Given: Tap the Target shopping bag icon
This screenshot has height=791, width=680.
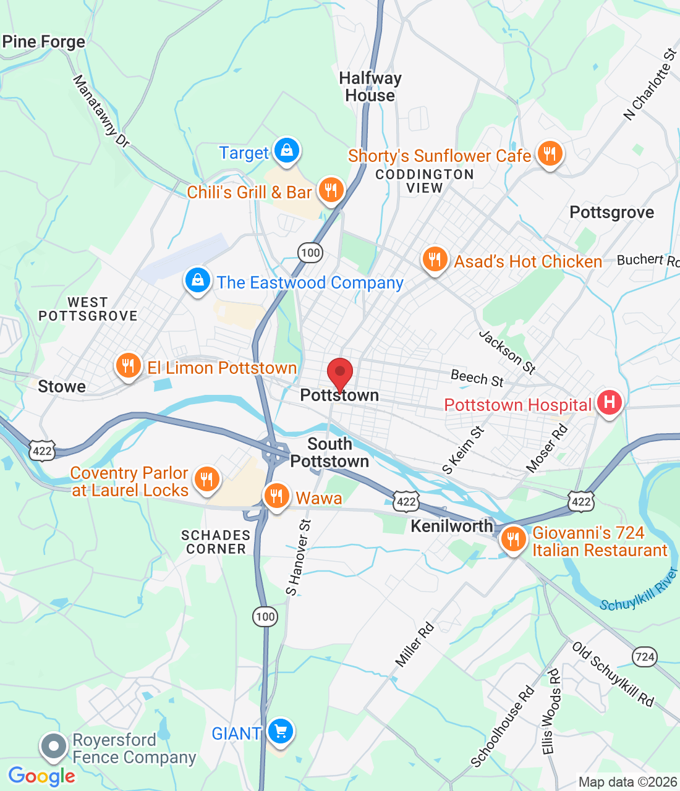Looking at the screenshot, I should [x=286, y=150].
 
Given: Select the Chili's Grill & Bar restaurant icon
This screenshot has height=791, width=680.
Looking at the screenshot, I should [x=331, y=190].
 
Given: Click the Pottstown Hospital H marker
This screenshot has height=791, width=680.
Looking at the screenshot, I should [x=609, y=403].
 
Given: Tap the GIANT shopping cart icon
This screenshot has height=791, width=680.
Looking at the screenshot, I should [x=281, y=732].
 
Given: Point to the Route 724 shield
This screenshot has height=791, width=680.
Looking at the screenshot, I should [x=644, y=657].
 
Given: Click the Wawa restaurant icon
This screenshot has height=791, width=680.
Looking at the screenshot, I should [x=276, y=496].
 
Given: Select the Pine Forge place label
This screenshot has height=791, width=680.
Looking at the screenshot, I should [x=44, y=42].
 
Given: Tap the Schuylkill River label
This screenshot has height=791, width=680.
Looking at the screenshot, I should [x=639, y=590].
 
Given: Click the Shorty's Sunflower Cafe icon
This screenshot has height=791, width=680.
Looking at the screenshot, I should [x=549, y=154].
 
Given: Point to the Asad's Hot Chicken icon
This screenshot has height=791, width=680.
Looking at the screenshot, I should [x=435, y=260].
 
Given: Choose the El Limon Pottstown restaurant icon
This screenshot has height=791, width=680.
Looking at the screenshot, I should [x=128, y=366].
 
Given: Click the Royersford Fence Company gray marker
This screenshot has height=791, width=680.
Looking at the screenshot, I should [x=54, y=747].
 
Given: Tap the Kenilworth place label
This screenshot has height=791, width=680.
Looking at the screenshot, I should [x=452, y=527].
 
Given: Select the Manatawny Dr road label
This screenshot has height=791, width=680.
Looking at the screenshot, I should [x=101, y=112].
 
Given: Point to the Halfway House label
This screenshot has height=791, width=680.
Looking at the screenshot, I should [x=370, y=87].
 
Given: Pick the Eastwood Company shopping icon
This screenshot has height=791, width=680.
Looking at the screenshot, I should [x=197, y=281].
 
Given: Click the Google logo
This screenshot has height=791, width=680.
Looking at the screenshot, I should [x=42, y=776].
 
